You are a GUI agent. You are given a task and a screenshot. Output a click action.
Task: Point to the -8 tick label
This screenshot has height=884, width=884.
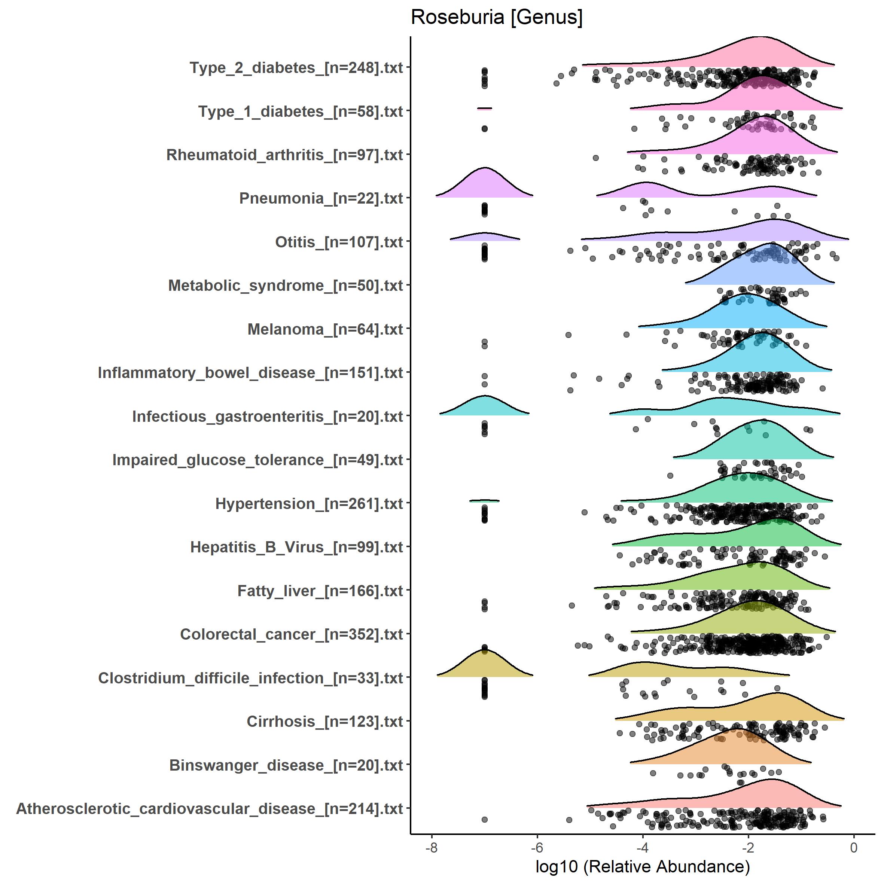tap(432, 848)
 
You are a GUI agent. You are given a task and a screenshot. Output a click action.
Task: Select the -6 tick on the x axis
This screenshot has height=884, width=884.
tap(537, 848)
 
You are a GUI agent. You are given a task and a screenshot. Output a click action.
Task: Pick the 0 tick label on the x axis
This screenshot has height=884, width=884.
tap(853, 848)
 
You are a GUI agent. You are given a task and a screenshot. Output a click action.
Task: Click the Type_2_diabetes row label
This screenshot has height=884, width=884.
tap(296, 68)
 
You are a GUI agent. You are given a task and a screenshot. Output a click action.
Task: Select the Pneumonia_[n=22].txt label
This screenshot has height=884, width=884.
tap(321, 199)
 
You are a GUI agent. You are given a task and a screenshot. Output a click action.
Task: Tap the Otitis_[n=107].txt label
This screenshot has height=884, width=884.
tap(339, 242)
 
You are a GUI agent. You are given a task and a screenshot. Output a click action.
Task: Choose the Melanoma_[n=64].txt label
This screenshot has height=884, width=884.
tap(325, 329)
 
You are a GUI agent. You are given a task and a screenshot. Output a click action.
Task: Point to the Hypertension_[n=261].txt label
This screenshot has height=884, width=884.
tap(309, 504)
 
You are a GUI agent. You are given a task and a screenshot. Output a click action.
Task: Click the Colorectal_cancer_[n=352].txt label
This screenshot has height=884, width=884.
tap(292, 635)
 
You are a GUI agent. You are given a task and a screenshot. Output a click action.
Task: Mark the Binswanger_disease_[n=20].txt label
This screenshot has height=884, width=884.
tap(286, 765)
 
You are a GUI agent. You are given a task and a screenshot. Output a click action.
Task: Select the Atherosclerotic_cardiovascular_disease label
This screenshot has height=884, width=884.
tap(210, 809)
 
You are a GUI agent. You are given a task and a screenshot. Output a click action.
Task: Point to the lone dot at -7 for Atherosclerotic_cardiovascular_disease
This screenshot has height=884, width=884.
tap(485, 820)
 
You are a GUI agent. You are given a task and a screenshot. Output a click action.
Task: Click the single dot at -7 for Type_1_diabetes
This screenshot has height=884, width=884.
tap(485, 129)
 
